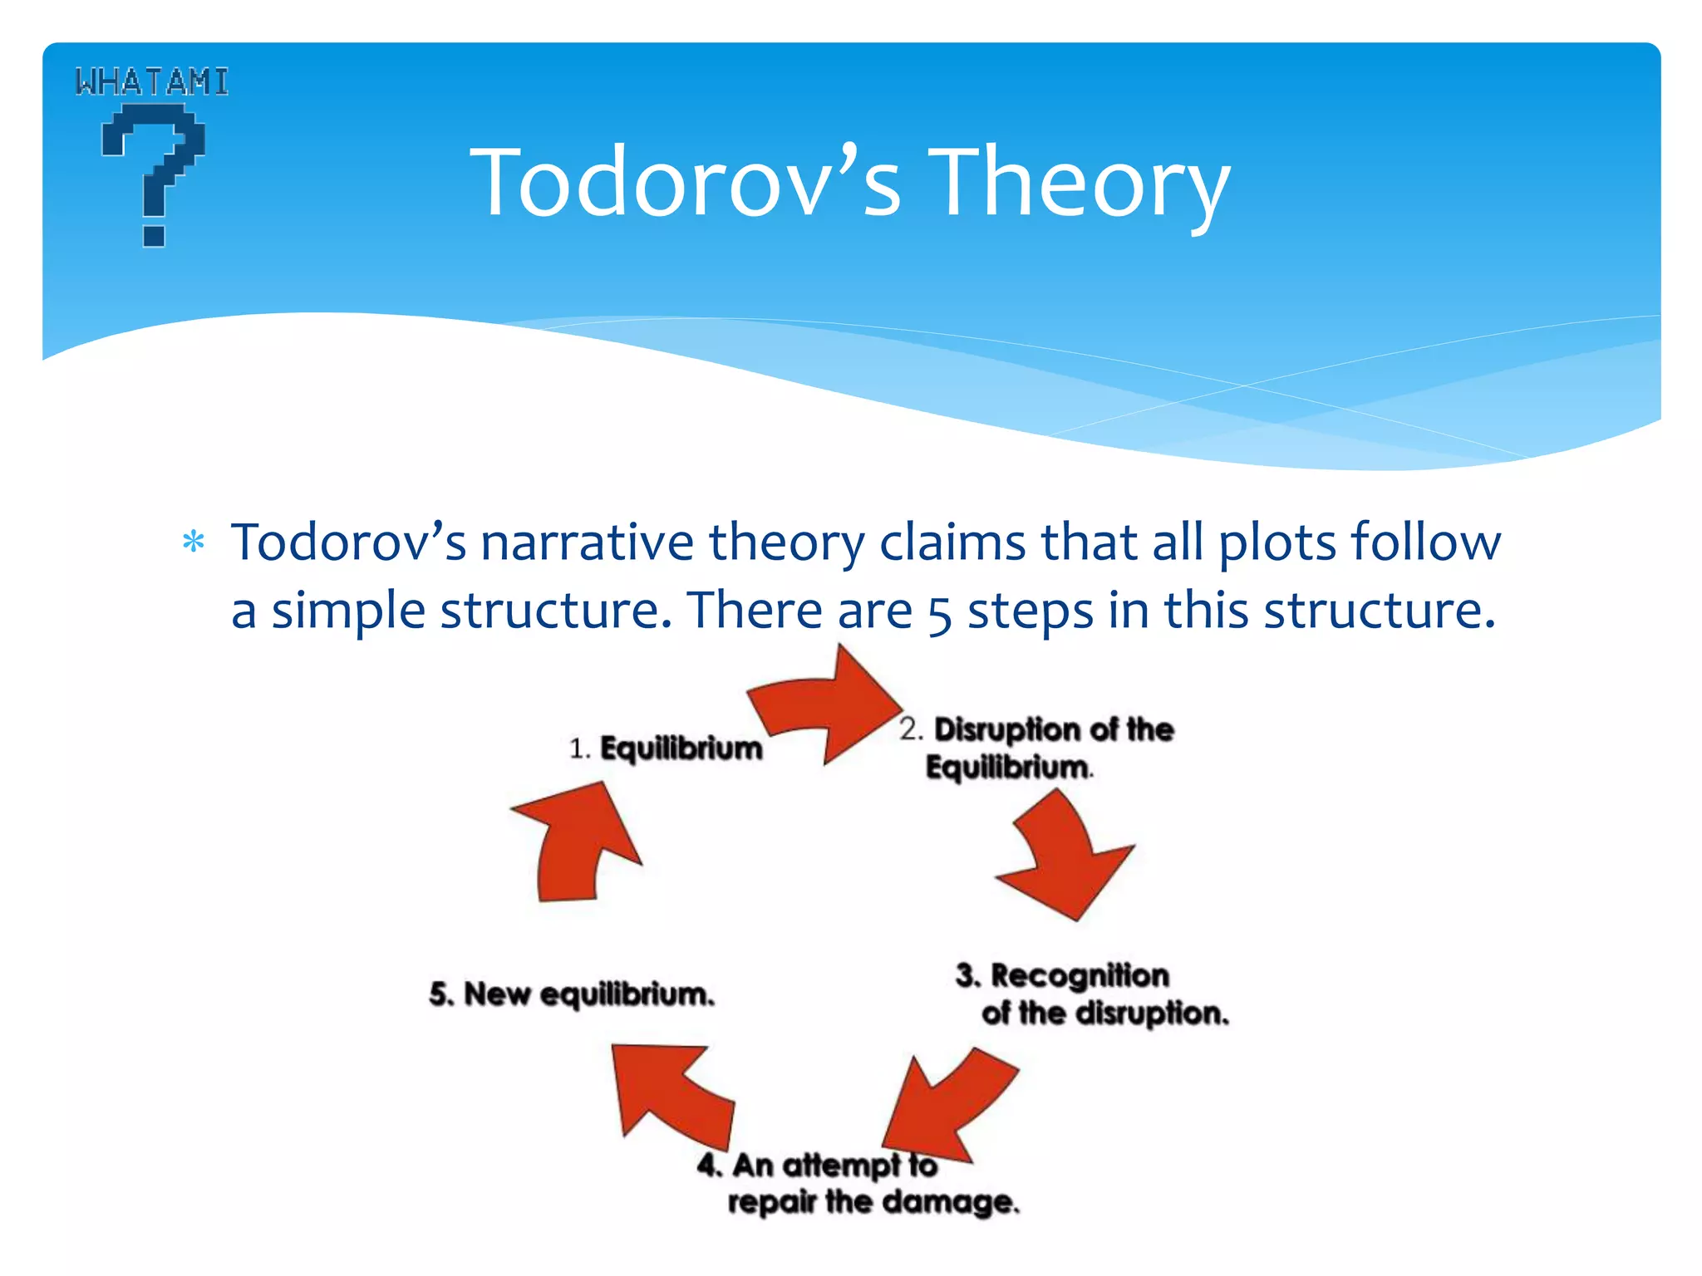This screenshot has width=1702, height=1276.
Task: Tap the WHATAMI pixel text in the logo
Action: point(151,81)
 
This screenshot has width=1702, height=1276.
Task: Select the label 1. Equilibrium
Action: point(665,748)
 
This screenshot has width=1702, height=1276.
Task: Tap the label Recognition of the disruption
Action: point(1090,994)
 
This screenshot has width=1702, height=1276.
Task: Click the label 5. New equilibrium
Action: point(572,994)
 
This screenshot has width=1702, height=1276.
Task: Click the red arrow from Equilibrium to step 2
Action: point(827,706)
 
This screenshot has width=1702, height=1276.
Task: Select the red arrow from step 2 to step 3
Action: point(1068,860)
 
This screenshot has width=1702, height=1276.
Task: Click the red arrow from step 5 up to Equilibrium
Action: point(578,847)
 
